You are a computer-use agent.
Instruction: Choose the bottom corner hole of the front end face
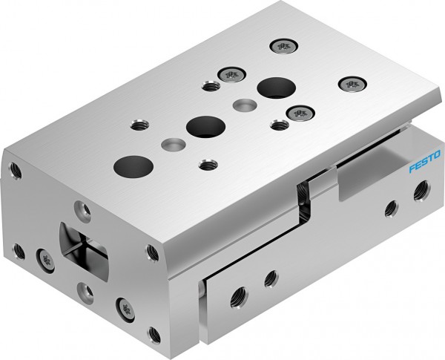pos(155,333)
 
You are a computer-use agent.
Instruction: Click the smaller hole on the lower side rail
pos(271,278)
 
